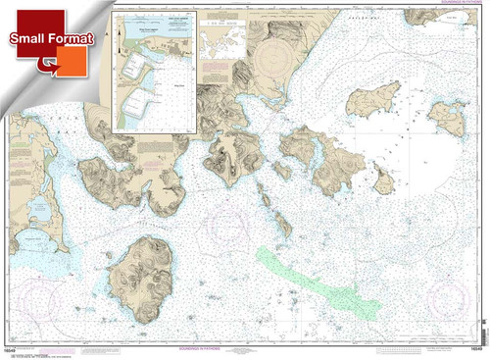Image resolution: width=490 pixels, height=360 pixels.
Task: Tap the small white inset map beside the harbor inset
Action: [x=221, y=39]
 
